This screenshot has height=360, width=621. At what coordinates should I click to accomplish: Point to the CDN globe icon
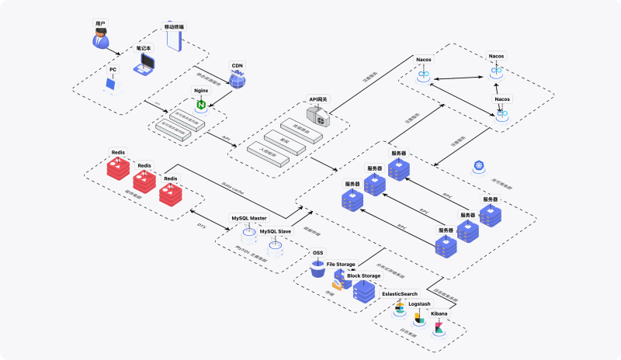(x=238, y=78)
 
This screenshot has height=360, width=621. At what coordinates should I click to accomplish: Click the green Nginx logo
(x=202, y=104)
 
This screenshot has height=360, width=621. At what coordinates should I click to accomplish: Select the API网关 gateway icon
(x=319, y=116)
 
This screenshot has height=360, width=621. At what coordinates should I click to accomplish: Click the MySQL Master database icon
(x=248, y=231)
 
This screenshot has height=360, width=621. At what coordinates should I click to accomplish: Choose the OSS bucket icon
(x=317, y=267)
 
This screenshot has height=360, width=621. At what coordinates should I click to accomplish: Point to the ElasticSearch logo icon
(x=399, y=307)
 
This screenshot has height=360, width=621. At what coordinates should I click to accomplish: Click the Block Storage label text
(x=363, y=275)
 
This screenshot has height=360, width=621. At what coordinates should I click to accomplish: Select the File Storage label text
(x=340, y=265)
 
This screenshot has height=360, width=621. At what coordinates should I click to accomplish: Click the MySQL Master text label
(x=248, y=218)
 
